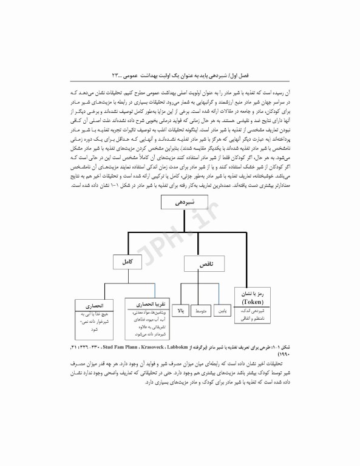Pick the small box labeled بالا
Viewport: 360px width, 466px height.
(180, 311)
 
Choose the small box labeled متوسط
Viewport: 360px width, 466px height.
(201, 311)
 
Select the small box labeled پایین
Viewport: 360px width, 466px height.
(223, 311)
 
